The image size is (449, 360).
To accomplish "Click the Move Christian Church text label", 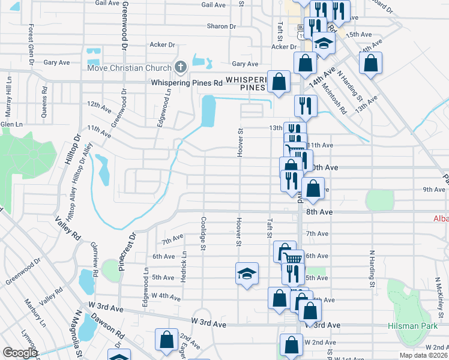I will point(130,67).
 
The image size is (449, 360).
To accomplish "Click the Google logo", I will point(20,353).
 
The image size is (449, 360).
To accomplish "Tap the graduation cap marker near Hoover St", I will point(247,274).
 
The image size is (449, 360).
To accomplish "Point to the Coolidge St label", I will point(203,234).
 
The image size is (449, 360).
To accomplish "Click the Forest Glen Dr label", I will point(29,44).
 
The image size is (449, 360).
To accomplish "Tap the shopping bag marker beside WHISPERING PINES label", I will point(279,82).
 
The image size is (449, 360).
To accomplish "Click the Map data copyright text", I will point(423,355).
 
